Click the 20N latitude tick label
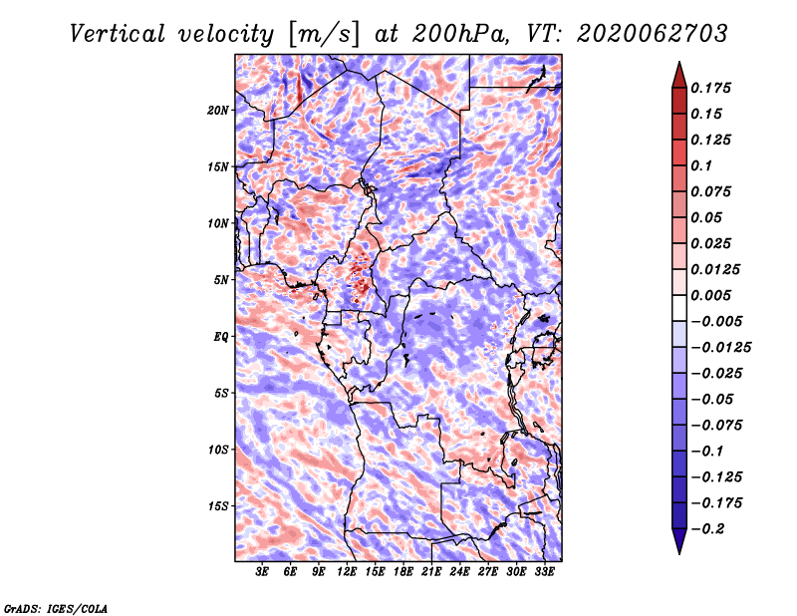pos(218,110)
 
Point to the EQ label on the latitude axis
pos(221,336)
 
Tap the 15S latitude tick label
pos(218,505)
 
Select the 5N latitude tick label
pos(221,279)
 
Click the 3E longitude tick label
pos(263,572)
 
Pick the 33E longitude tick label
pos(544,572)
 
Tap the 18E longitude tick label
pos(403,572)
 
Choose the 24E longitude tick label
pos(459,572)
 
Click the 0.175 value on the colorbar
pos(712,89)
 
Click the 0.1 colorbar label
pos(702,165)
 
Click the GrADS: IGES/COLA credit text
pos(55,607)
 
